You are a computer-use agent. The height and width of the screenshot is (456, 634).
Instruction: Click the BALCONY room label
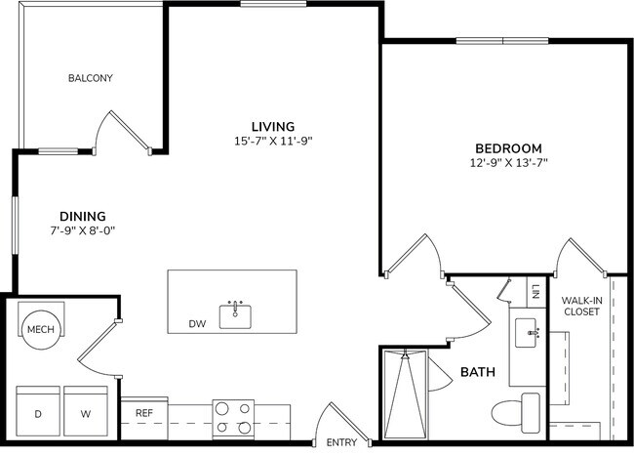point(91,78)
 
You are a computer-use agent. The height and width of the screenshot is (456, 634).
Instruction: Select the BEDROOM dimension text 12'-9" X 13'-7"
point(507,164)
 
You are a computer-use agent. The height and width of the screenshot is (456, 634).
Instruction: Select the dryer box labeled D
point(38,413)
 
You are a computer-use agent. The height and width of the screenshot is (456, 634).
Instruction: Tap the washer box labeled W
point(86,413)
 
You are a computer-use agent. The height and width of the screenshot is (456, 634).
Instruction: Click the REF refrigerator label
point(143,413)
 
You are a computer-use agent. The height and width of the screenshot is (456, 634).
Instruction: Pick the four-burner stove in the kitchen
point(234,417)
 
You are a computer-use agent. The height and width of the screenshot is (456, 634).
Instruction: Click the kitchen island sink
point(235,315)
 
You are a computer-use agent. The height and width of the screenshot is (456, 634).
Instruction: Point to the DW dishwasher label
point(198,324)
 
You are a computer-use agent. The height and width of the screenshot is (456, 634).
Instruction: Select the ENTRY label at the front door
point(341,442)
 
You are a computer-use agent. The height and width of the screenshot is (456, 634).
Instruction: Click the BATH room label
point(478,372)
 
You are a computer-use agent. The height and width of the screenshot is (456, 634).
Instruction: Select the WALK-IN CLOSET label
point(581,306)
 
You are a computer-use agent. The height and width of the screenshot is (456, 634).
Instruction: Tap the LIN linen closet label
point(536,290)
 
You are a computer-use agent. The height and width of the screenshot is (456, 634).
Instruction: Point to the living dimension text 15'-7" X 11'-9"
point(272,141)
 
